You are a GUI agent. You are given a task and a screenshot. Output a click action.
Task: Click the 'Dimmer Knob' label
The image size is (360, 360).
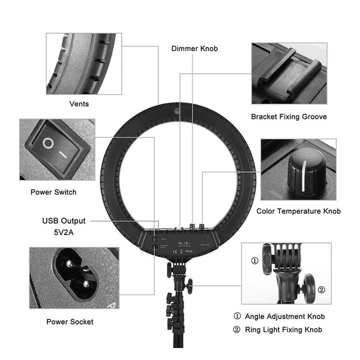tap(195, 49)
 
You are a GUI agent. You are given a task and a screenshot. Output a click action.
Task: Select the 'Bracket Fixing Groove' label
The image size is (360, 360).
tap(289, 116)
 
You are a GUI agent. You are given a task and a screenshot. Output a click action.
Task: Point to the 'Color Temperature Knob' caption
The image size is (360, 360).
tap(298, 211)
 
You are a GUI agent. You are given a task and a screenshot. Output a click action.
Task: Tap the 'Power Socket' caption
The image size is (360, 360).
tap(70, 322)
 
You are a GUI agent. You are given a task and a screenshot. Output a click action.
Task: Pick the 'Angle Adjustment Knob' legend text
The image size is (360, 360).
tap(286, 316)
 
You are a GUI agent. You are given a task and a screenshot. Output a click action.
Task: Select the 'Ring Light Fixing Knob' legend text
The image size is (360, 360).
tap(285, 329)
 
